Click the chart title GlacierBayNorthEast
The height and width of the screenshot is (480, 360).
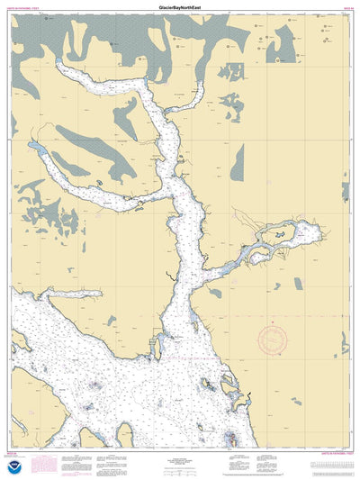(x=180, y=5)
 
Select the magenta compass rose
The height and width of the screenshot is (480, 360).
(x=274, y=340)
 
